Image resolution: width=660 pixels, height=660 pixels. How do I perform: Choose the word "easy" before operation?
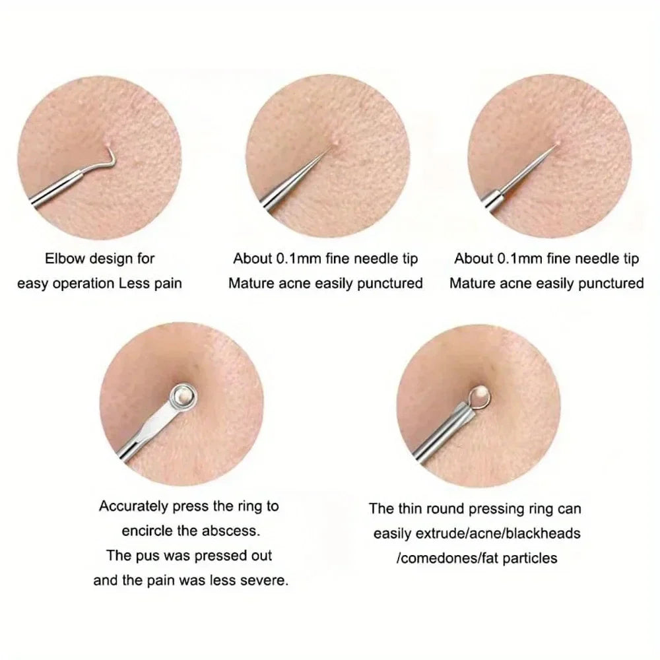tap(33, 283)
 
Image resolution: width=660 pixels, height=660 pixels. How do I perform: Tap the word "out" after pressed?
tap(260, 555)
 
